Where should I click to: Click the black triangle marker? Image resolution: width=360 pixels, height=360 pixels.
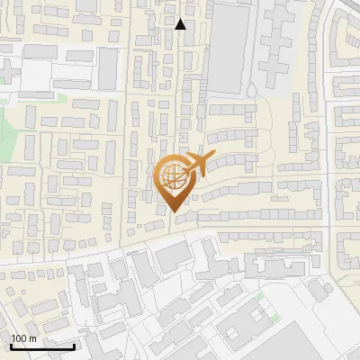click(180, 24)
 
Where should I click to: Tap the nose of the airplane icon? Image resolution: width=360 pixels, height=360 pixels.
click(212, 157)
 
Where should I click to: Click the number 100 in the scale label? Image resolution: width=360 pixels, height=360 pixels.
click(20, 338)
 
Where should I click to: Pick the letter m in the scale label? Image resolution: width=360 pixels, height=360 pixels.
click(32, 338)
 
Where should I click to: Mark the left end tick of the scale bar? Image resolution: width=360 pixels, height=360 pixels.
click(12, 345)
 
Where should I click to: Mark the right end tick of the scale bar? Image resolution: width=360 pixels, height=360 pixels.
click(74, 345)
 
